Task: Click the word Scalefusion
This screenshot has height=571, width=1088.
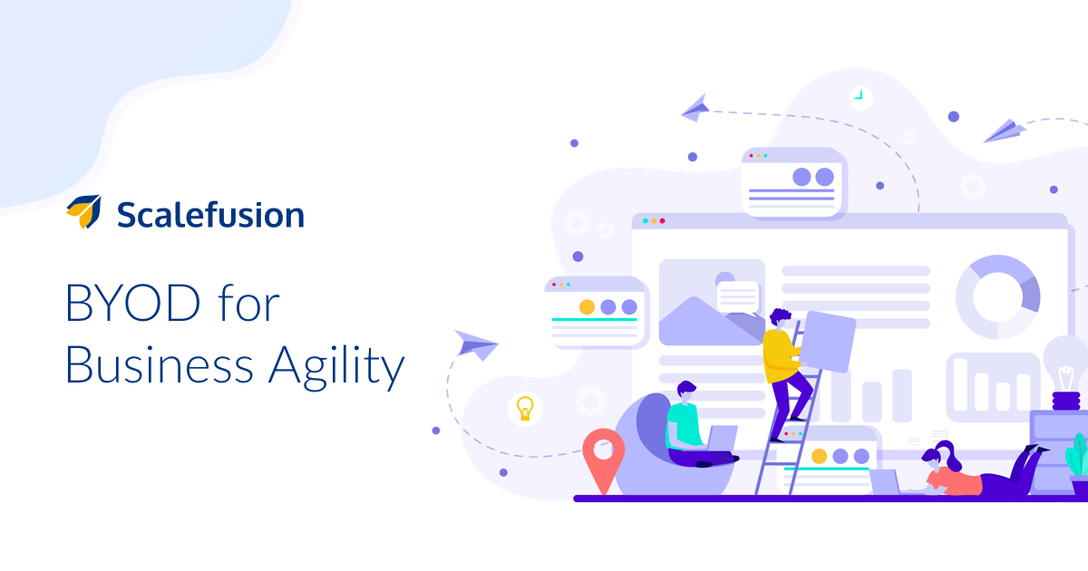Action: (x=210, y=214)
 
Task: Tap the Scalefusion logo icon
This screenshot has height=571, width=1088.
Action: (x=84, y=211)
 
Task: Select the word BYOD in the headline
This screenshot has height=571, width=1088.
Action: (x=132, y=303)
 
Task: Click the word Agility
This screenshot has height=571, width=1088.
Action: (x=336, y=365)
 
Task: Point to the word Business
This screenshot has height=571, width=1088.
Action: (x=160, y=364)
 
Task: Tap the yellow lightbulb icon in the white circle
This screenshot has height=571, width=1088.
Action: (x=525, y=409)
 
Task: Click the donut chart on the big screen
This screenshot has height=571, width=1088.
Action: (x=997, y=296)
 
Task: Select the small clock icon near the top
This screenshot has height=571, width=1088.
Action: (x=860, y=98)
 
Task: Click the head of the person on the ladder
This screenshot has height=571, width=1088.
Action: (x=780, y=319)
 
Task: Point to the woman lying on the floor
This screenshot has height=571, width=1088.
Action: (x=981, y=470)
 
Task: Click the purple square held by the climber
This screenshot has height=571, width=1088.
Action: (x=828, y=342)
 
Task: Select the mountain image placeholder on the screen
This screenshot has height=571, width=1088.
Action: (x=712, y=303)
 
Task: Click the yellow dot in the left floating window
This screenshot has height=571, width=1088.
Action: (x=587, y=307)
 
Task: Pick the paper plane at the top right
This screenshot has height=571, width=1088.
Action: (x=1005, y=131)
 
